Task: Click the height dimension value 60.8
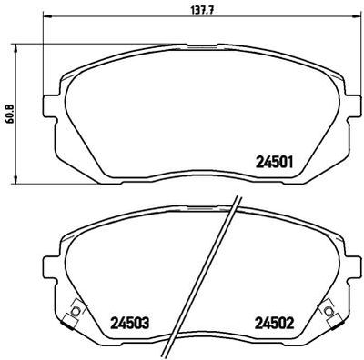tap(10, 115)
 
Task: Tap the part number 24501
tap(275, 162)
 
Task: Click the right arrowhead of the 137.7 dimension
tap(357, 16)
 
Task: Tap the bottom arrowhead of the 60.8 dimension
tap(15, 178)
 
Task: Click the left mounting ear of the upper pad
tap(50, 106)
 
